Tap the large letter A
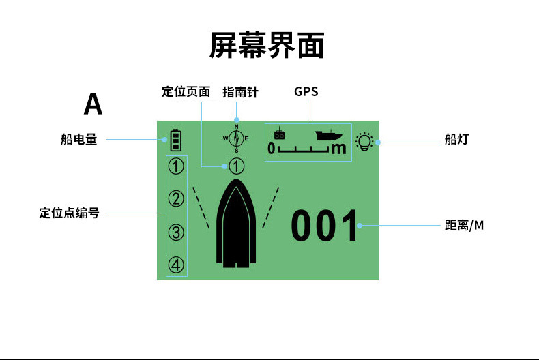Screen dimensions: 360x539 coord(93,104)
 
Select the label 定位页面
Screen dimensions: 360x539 coord(186,92)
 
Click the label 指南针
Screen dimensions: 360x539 coord(240,92)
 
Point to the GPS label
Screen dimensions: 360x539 coord(306,91)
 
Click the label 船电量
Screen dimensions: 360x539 coord(78,140)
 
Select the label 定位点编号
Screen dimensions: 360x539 coord(69,213)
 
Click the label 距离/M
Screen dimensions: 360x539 coord(464,225)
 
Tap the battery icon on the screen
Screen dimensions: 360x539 coord(177,140)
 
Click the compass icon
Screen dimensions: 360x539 coord(236,138)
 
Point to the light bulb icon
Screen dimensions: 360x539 coord(366,142)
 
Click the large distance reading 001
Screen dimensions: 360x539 coord(325,227)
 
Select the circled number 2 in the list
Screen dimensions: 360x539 coord(177,199)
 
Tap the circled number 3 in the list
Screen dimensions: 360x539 coord(177,232)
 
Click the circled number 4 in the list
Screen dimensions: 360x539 coord(177,265)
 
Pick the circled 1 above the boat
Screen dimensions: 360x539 coord(236,166)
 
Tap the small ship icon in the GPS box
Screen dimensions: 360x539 coord(328,134)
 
